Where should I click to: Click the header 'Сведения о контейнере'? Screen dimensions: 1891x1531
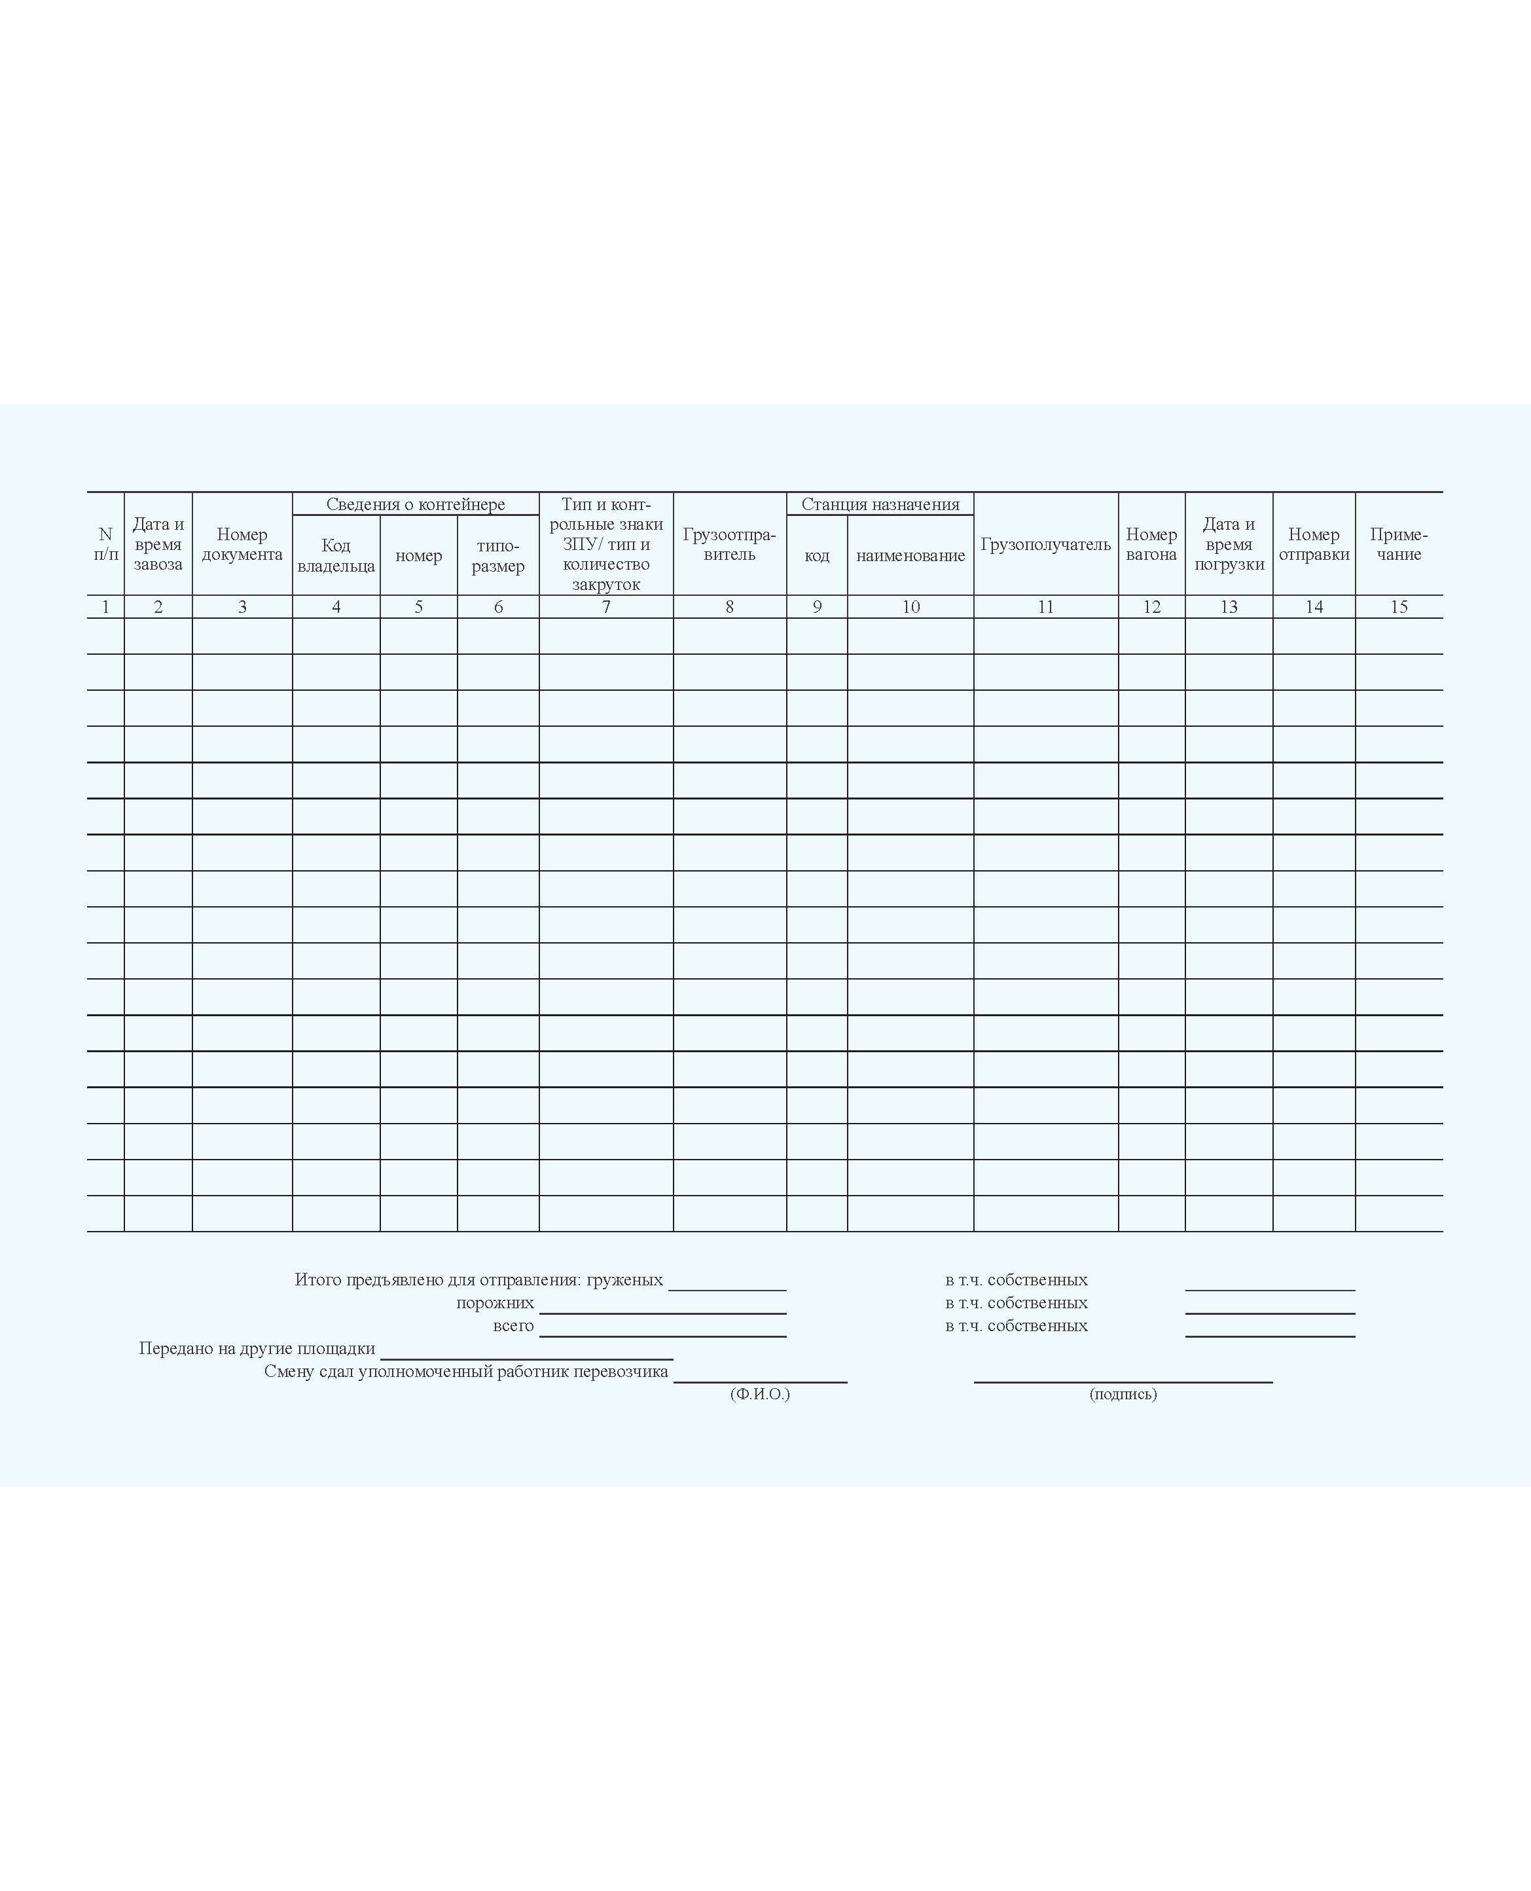[x=416, y=504]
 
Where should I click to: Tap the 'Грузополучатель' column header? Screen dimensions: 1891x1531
[x=1045, y=544]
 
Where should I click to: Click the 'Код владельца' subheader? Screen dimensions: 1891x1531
[x=336, y=556]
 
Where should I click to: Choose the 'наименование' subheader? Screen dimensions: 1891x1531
[x=910, y=556]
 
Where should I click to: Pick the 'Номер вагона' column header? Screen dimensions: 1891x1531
[x=1151, y=544]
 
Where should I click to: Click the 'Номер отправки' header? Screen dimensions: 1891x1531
[x=1313, y=544]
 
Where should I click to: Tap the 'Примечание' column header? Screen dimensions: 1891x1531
[x=1399, y=544]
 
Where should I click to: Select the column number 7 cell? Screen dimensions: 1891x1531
[x=606, y=607]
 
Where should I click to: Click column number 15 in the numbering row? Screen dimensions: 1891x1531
[x=1399, y=607]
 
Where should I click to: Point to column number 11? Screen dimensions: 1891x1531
[x=1045, y=607]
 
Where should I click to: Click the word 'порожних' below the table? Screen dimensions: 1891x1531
[x=495, y=1303]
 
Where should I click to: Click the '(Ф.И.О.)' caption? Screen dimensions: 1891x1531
[x=759, y=1393]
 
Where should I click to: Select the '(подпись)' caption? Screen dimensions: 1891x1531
[x=1123, y=1393]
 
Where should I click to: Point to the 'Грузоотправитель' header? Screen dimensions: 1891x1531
[x=729, y=544]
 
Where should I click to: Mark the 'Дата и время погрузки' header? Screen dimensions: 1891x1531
[x=1229, y=544]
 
